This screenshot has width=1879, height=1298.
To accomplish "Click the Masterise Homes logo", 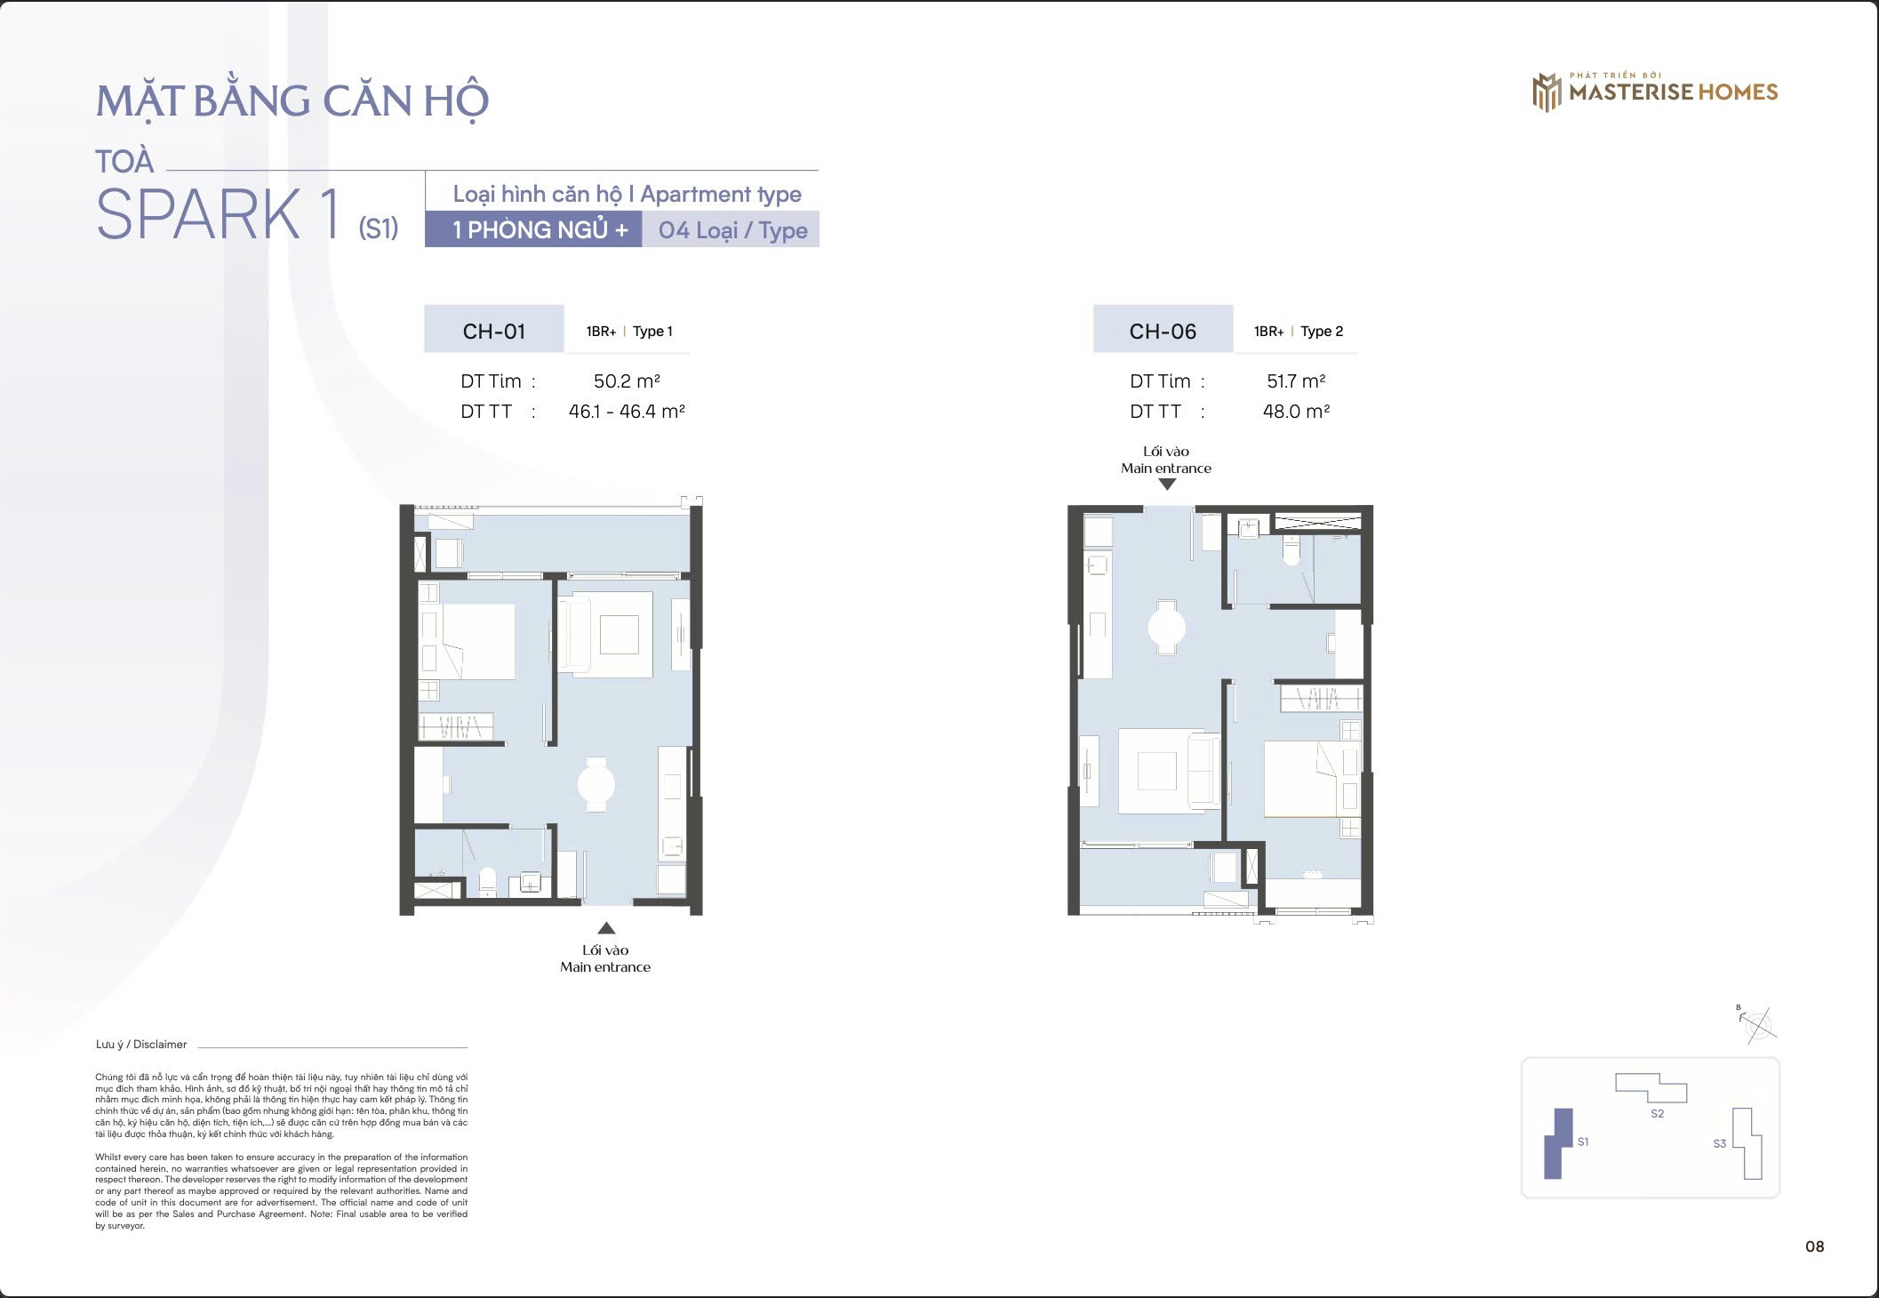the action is click(1655, 92).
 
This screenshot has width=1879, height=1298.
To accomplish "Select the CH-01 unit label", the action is click(494, 331).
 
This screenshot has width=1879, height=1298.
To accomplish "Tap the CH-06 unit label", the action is click(1163, 331).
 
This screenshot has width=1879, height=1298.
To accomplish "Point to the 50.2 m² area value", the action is click(627, 381).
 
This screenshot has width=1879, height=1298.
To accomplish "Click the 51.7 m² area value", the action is click(1296, 381).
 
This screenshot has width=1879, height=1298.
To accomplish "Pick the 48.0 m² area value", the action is click(1296, 411).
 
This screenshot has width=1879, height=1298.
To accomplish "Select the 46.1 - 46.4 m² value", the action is click(627, 411).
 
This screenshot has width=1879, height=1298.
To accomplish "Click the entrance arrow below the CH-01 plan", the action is click(606, 928).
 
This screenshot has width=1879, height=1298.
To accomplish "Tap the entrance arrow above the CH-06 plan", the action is click(1167, 485).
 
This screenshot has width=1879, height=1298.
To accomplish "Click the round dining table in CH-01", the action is click(596, 784).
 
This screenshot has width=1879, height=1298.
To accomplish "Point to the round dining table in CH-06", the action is click(1166, 628).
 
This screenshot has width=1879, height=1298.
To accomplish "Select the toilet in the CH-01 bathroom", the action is click(487, 881).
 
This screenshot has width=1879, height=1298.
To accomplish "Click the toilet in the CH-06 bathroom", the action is click(1291, 550).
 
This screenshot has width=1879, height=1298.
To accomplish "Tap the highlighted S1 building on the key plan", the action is click(1558, 1143).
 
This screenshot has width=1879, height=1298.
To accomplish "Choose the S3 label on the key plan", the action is click(1720, 1143).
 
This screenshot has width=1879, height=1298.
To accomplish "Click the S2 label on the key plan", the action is click(1657, 1113).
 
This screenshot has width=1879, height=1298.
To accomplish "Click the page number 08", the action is click(1814, 1246).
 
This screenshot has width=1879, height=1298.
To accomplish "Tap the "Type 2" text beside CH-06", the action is click(1322, 331).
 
